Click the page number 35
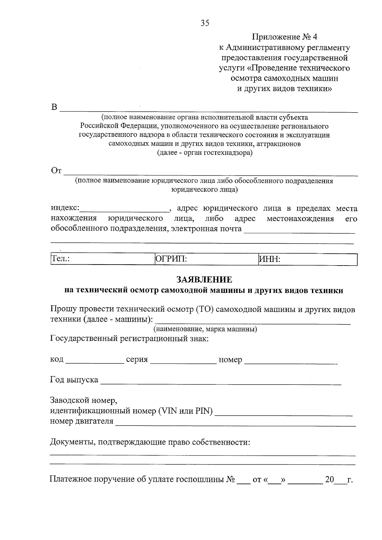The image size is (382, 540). click(x=205, y=23)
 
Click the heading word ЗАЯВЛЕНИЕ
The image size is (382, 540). click(x=204, y=280)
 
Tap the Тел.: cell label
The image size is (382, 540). click(x=61, y=259)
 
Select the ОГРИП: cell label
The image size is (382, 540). click(x=171, y=259)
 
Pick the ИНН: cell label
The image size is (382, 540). click(x=270, y=259)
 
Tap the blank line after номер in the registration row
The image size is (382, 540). click(x=291, y=361)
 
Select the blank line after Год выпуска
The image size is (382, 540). click(x=221, y=382)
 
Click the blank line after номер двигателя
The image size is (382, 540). click(x=235, y=424)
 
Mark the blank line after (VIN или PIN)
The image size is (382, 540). click(x=284, y=413)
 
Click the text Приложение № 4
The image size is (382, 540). click(x=285, y=37)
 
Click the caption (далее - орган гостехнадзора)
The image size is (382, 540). click(x=205, y=153)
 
